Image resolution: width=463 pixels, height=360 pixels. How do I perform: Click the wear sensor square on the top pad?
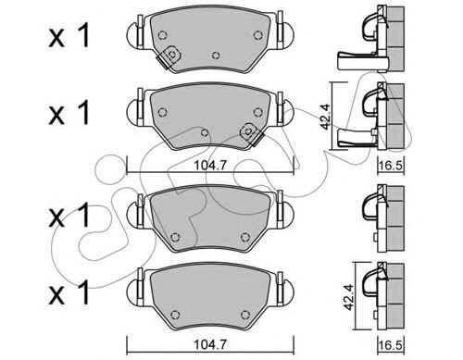(x=172, y=55)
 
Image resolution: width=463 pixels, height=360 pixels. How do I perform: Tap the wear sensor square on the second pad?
(x=248, y=131)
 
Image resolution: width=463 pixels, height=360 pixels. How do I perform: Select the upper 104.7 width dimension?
(x=210, y=166)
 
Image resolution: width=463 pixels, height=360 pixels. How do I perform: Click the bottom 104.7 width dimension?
(x=210, y=344)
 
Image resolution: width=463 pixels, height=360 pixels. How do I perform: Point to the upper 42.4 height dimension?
(x=325, y=117)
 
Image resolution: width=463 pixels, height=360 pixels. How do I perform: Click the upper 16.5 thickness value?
(x=391, y=166)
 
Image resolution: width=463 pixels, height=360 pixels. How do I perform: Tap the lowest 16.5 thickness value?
(x=391, y=344)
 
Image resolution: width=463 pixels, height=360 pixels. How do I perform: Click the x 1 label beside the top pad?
(x=69, y=36)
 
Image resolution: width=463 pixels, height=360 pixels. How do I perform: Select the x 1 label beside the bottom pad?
(x=69, y=292)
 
